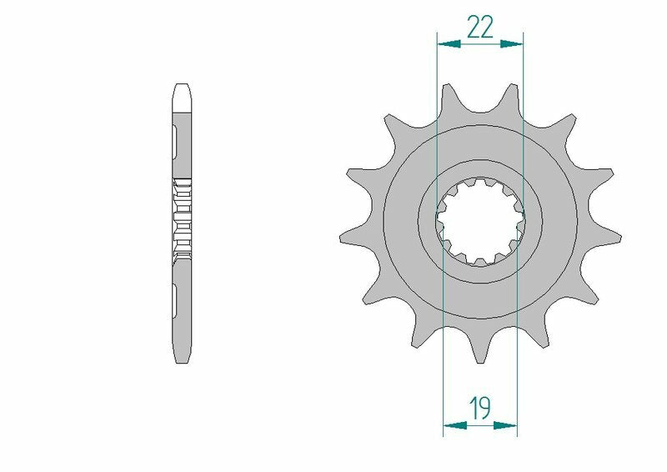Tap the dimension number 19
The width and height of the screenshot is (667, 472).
pyautogui.click(x=479, y=409)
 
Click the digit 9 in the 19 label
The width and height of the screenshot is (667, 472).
pyautogui.click(x=485, y=409)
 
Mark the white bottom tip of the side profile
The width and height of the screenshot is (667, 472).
pyautogui.click(x=183, y=354)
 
